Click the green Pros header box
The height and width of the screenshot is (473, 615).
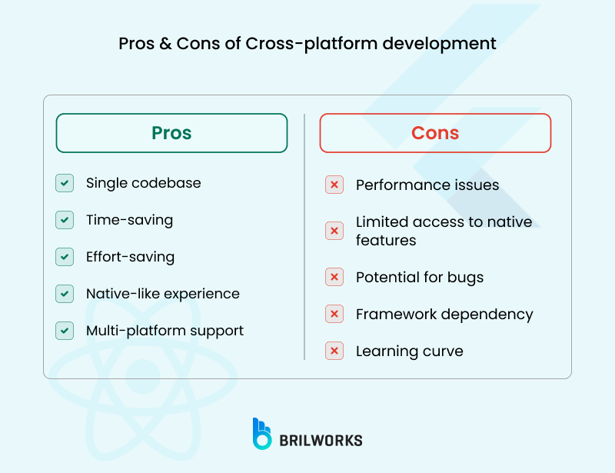click(171, 133)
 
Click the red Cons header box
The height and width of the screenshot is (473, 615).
click(435, 133)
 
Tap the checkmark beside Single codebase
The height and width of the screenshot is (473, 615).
click(65, 183)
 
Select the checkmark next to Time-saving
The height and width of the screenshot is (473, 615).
click(65, 220)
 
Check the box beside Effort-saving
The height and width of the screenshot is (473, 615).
click(65, 257)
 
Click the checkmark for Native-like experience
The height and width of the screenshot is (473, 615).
click(65, 294)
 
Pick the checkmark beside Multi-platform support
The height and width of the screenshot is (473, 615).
click(65, 331)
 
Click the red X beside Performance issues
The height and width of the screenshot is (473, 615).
click(334, 185)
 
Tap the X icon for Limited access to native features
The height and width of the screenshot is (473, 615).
click(334, 231)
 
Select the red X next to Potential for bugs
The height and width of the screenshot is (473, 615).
click(334, 277)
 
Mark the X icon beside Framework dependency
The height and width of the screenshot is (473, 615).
click(334, 314)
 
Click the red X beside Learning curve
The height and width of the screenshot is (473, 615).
click(334, 351)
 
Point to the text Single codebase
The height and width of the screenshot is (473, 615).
click(143, 183)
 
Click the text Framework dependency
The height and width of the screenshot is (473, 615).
click(444, 314)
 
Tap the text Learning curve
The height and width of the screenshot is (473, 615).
click(409, 351)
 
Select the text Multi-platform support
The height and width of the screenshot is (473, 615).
click(165, 331)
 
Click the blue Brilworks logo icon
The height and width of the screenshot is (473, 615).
click(262, 434)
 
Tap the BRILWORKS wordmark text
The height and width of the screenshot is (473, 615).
click(321, 441)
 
